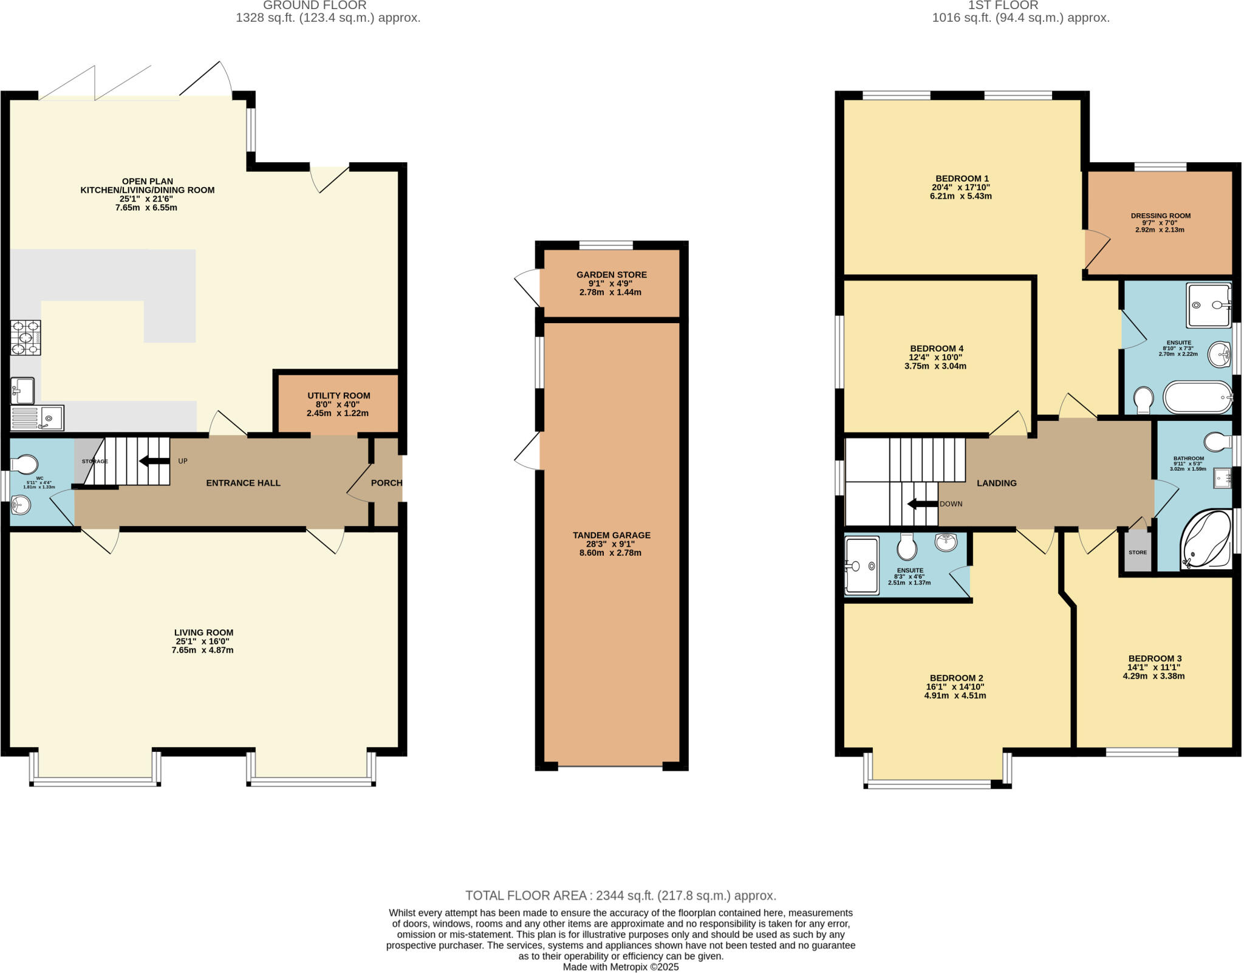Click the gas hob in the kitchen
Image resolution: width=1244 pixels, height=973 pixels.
coord(26,337)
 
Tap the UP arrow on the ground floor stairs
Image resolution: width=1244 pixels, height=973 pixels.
coord(154,461)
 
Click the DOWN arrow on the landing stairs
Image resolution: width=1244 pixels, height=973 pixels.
coord(922,504)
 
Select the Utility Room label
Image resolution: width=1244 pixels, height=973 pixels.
coord(338,395)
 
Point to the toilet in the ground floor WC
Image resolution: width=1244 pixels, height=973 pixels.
coord(25,465)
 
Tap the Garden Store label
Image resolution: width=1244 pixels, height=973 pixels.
coord(611,275)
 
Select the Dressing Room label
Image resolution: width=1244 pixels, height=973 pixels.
coord(1160,216)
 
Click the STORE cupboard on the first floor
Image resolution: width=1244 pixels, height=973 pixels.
coord(1137,552)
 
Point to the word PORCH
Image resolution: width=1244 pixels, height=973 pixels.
coord(386,483)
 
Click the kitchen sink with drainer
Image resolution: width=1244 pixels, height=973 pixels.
coord(37,418)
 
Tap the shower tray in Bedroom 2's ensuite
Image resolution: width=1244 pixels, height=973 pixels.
coord(862,565)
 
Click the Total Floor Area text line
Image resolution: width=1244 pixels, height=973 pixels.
coord(620,895)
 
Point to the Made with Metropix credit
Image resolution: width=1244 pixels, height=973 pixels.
coord(620,967)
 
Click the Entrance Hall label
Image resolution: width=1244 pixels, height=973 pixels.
coord(243,483)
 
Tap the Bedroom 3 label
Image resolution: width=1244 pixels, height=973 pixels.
coord(1154,658)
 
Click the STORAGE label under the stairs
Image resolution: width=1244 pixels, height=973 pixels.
coord(95,462)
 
